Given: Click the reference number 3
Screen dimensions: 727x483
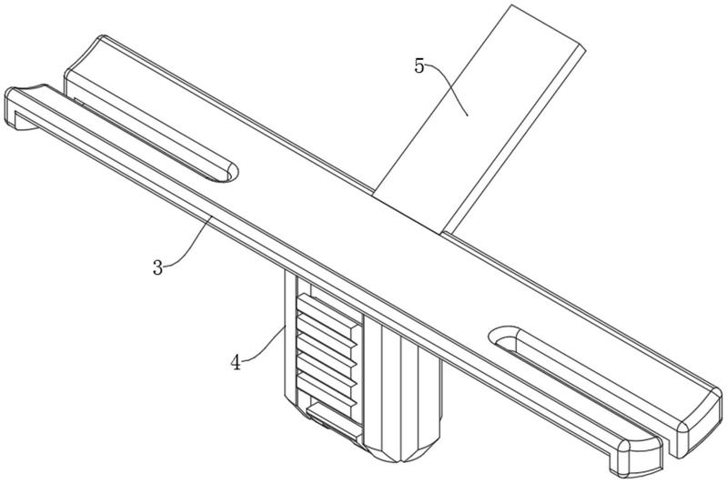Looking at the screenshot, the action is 158,267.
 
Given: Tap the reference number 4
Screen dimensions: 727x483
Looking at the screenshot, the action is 237,362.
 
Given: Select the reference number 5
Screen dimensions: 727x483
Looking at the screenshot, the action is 419,66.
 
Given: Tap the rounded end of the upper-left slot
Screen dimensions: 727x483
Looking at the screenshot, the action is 229,173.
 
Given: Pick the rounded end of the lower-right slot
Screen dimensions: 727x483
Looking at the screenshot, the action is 501,336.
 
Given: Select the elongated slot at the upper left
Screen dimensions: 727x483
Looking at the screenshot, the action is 153,138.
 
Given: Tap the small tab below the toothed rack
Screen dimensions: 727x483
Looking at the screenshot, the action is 333,418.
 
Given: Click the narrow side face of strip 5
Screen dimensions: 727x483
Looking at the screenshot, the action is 512,139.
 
